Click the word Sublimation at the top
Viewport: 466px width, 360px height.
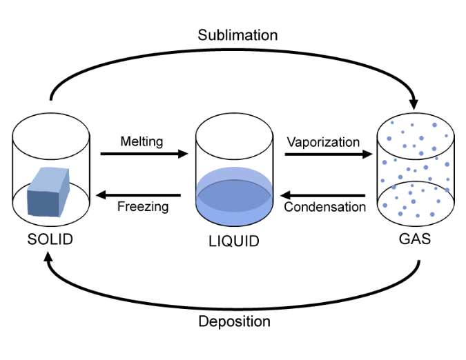237,35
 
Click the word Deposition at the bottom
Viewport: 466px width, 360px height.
234,321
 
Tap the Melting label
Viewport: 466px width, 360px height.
142,141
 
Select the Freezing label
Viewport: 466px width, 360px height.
143,206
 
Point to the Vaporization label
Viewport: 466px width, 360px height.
323,142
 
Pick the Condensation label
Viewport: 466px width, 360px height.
324,206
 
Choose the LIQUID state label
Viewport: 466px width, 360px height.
233,241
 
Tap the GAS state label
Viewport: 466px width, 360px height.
414,240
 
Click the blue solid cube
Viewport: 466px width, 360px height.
48,192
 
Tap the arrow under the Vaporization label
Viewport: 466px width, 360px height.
328,154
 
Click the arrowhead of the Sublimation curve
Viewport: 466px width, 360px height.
415,99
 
